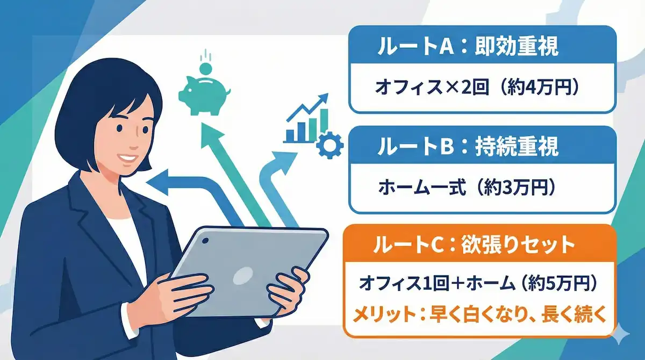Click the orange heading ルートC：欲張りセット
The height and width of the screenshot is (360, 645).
pyautogui.click(x=474, y=245)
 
